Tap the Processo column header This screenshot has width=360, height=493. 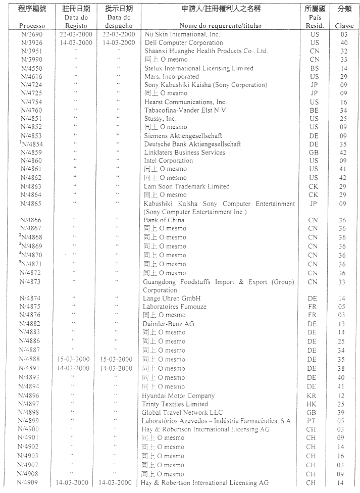coord(32,26)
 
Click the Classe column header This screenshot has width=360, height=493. coord(344,26)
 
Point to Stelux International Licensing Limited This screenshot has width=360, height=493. coord(199,68)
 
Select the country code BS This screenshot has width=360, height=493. coord(314,68)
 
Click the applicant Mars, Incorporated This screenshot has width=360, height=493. coord(172,77)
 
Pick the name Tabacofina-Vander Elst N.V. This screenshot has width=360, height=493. coord(186,110)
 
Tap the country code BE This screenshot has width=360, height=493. coord(314,110)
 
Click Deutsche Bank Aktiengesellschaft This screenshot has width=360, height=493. coord(192,144)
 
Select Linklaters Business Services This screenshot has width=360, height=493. coord(185,153)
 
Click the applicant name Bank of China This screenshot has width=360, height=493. coord(164,220)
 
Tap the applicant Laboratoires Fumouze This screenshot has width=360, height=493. coord(175,307)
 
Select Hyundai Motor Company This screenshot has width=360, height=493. coord(178,396)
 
